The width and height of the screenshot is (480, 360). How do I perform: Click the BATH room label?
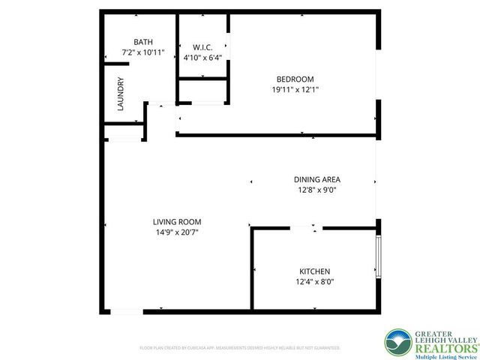click(x=142, y=42)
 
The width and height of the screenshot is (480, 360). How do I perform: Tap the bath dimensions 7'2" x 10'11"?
click(x=142, y=55)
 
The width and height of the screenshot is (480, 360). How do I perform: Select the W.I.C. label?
click(x=202, y=47)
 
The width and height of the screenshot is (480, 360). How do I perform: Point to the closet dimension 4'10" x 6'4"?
click(x=202, y=57)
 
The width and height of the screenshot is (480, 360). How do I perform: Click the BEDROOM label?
click(x=295, y=79)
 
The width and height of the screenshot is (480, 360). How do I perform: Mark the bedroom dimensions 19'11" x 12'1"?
click(x=295, y=90)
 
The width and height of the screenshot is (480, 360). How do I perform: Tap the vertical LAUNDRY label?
click(x=120, y=95)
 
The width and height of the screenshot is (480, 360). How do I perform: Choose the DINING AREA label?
click(x=316, y=179)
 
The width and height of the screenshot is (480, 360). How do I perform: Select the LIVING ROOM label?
click(x=177, y=222)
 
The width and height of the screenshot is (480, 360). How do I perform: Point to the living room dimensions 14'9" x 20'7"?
click(x=177, y=232)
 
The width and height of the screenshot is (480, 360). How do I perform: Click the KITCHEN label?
click(x=315, y=271)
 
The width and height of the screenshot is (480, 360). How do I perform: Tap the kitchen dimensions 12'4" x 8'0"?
click(x=315, y=282)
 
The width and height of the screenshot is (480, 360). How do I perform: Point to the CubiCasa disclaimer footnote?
click(x=240, y=348)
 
